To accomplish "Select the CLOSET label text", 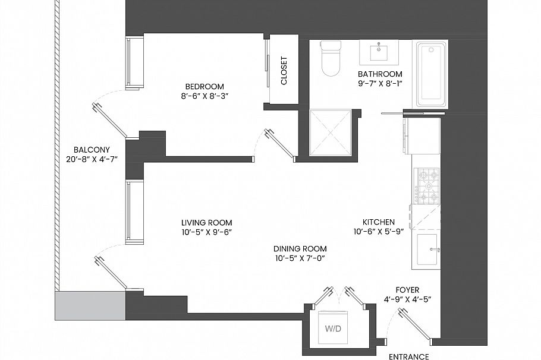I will (x=284, y=71).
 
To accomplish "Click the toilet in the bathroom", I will (x=329, y=58).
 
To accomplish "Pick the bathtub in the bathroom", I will (x=431, y=74).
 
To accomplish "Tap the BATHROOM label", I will (x=380, y=74).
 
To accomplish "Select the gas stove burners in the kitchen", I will (x=427, y=185).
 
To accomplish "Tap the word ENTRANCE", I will (x=408, y=356).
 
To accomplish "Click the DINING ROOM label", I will (x=300, y=249).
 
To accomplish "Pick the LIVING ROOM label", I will (x=206, y=223).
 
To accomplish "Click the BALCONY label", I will (x=90, y=150).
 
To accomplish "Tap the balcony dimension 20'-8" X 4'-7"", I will (x=90, y=159).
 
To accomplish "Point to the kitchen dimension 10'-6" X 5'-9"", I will (x=379, y=232).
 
